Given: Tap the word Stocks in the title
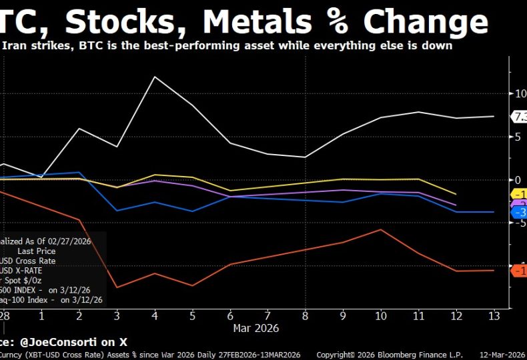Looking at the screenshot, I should click(123, 21).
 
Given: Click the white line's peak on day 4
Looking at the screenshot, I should click(155, 77).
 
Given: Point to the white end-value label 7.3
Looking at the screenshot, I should click(519, 117).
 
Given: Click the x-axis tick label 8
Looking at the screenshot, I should click(305, 315).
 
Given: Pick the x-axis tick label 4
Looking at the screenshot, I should click(155, 315).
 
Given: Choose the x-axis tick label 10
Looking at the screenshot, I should click(381, 315).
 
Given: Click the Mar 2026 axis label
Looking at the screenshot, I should click(255, 328).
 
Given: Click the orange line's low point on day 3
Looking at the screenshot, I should click(117, 287).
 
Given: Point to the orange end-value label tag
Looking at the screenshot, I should click(519, 270).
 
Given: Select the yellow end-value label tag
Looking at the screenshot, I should click(519, 194).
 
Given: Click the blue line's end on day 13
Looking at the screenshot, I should click(494, 212).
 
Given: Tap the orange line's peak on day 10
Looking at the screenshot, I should click(381, 229).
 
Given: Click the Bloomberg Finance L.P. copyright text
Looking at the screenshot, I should click(388, 355).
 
